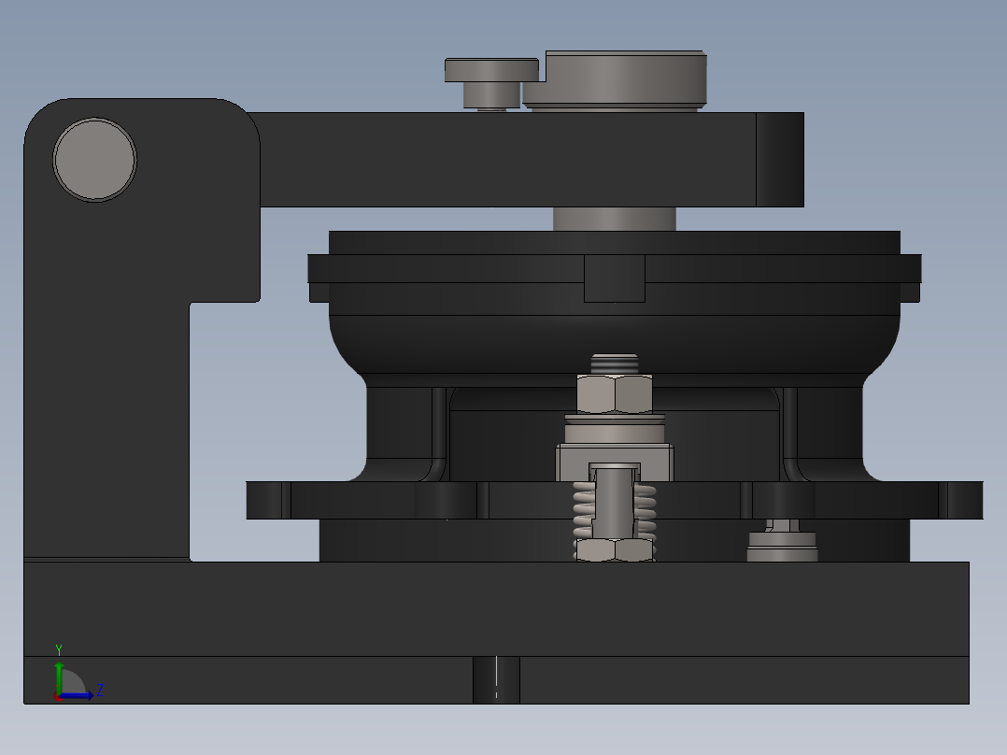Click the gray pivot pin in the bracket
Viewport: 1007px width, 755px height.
(95, 159)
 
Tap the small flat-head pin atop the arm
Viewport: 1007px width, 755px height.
(491, 71)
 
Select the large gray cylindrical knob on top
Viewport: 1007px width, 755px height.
(625, 78)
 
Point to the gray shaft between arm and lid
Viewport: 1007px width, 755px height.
(614, 219)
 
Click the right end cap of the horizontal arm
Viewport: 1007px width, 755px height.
(779, 160)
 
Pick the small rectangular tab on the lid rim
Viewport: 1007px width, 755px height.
(614, 278)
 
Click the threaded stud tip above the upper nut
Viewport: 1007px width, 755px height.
(614, 363)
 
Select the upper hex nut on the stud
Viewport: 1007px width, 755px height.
(614, 394)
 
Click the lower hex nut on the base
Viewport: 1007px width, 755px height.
(614, 550)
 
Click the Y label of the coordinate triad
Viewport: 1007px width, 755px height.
(59, 649)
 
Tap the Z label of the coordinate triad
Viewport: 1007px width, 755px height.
(100, 691)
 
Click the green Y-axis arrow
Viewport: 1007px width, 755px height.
(59, 675)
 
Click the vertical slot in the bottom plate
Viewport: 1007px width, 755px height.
(496, 679)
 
